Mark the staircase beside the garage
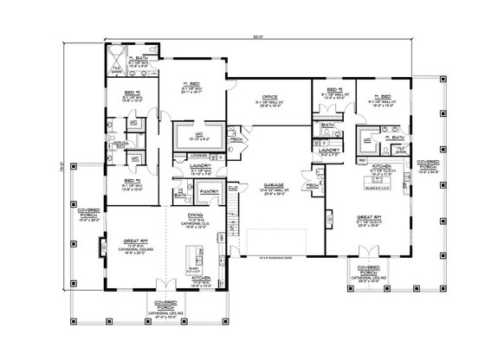pos(232,228)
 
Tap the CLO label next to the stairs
pos(233,187)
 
